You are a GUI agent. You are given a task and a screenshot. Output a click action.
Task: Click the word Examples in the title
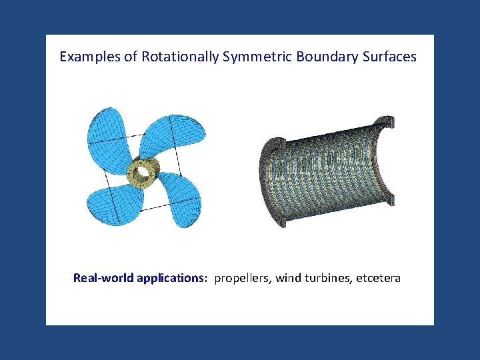tap(89, 57)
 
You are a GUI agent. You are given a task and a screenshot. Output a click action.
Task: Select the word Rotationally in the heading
tap(180, 57)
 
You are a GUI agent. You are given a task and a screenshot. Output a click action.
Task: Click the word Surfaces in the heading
tap(390, 57)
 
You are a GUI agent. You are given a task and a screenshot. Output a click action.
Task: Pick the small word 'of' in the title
tap(131, 57)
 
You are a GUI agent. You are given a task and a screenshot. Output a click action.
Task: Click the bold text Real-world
tap(103, 278)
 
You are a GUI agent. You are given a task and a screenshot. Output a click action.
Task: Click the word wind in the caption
tap(289, 278)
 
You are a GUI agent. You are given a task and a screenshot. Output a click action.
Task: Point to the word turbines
tap(328, 278)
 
